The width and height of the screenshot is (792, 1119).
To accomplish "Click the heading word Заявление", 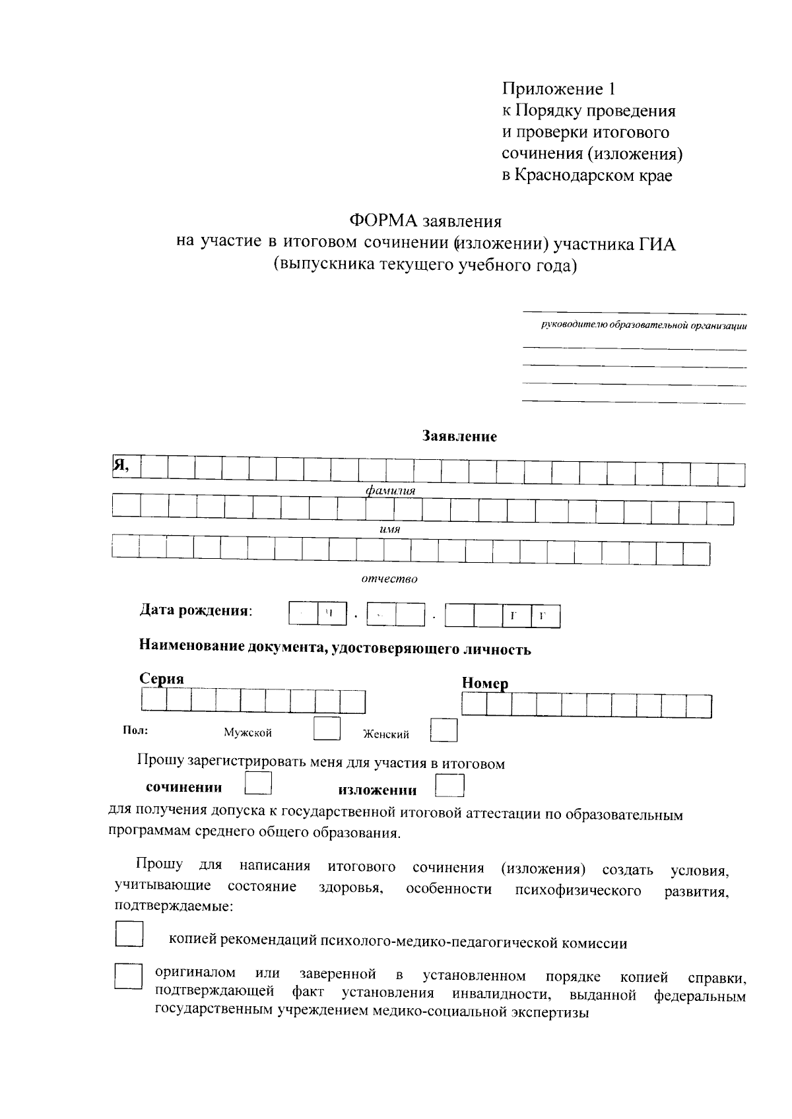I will coord(459,436).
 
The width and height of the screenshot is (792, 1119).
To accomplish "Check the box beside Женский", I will coord(444,730).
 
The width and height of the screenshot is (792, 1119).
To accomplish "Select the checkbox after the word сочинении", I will coord(258,783).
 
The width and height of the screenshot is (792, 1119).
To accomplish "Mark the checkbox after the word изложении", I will coord(451,786).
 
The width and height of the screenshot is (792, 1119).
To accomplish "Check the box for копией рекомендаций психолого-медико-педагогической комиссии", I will coord(129,935).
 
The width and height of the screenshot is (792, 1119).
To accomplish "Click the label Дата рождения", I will coord(195,610).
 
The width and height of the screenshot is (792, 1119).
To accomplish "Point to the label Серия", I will coord(162,679).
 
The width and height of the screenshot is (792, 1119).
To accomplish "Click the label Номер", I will coord(485,684).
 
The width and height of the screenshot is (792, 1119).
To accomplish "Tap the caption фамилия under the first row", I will coord(391,492).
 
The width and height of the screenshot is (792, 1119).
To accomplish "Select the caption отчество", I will coord(389,579).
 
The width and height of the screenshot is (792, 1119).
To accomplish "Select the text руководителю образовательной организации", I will coord(644,325).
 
